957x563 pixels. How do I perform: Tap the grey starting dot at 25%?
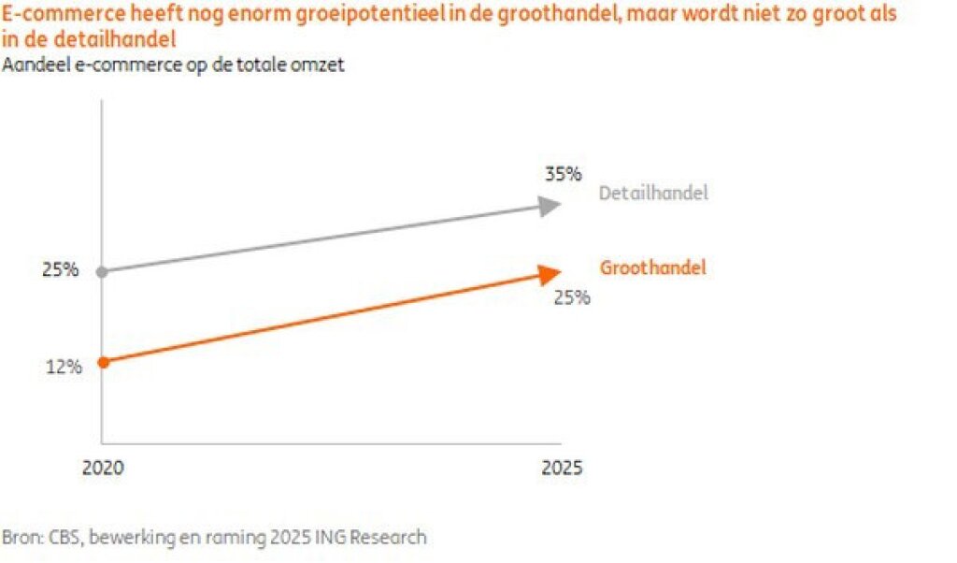point(102,271)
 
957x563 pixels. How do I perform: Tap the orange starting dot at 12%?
point(102,362)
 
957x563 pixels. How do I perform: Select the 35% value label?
point(564,173)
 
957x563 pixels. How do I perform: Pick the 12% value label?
point(64,367)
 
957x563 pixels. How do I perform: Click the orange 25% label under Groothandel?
point(571,298)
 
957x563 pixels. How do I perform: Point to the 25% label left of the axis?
point(60,271)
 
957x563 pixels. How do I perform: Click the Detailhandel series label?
point(653,194)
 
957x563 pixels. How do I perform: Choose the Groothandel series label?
point(652,268)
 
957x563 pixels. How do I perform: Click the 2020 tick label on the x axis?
point(102,468)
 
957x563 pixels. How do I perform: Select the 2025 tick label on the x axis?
point(562,468)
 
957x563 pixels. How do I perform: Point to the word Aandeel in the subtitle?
point(36,65)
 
